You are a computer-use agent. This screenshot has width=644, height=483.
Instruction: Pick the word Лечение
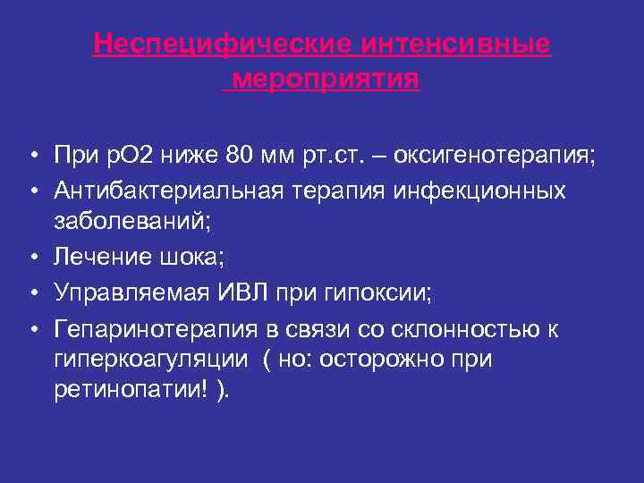(x=104, y=257)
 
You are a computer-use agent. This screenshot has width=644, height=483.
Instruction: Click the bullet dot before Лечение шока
(x=31, y=258)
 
